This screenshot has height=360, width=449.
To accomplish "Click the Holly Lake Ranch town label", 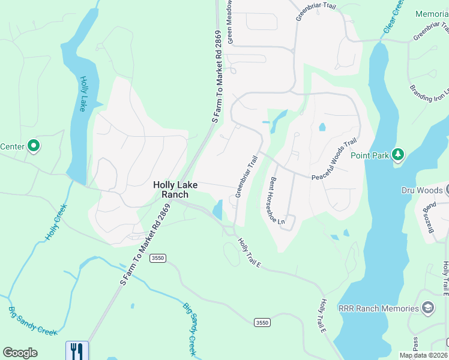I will (x=170, y=190).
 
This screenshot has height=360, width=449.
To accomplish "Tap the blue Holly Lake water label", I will (x=83, y=94).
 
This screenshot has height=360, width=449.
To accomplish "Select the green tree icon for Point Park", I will (x=397, y=155).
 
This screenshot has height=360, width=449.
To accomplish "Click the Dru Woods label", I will (x=422, y=190).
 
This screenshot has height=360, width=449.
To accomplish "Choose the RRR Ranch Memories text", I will (x=378, y=308).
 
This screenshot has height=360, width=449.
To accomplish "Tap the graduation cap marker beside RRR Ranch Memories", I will (x=427, y=308).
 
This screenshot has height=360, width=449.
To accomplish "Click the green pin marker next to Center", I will (x=34, y=146).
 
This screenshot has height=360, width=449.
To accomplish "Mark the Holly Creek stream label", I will (x=55, y=222).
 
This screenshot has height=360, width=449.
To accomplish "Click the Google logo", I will (x=20, y=353).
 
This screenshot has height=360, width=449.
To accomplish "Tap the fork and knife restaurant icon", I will (x=77, y=350).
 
